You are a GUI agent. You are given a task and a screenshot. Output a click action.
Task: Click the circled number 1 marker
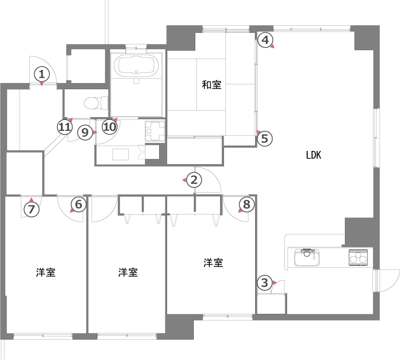click(42, 75)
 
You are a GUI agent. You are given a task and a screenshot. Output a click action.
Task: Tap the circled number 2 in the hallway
click(194, 180)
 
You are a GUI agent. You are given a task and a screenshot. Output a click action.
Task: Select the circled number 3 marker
click(264, 283)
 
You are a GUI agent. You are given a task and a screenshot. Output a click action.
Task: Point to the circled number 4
click(265, 40)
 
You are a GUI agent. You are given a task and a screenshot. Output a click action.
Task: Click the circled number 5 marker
click(265, 139)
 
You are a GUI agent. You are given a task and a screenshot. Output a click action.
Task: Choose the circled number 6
click(78, 204)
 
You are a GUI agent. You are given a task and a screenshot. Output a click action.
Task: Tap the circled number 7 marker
click(31, 210)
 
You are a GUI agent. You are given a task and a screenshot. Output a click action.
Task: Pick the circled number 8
click(247, 204)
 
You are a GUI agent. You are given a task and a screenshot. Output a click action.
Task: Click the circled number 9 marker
click(85, 132)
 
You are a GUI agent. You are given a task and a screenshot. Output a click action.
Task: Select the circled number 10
click(110, 127)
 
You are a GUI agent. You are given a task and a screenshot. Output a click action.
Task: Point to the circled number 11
click(64, 127)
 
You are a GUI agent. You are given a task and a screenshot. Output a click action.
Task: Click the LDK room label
click(313, 155)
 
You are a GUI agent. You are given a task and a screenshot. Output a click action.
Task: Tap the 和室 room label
click(212, 85)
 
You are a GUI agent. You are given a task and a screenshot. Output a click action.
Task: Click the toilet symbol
click(96, 103)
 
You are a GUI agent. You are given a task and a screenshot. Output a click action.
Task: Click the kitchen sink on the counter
click(307, 257)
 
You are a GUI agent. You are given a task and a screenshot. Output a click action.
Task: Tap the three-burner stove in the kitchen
click(358, 258)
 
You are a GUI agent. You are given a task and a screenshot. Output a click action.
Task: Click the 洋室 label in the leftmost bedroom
click(46, 273)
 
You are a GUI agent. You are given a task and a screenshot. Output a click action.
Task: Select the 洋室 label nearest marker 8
click(213, 263)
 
